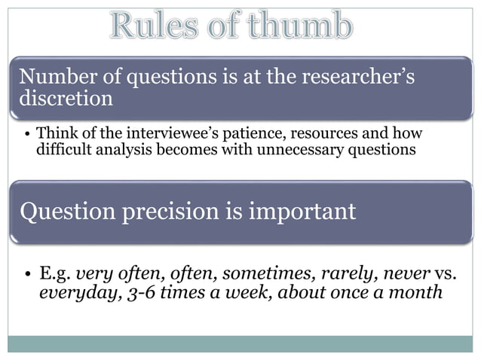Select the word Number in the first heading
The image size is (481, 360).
point(54,77)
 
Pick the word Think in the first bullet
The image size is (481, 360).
point(55,133)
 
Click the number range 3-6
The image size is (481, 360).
point(136,292)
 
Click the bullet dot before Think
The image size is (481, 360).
point(27,134)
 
